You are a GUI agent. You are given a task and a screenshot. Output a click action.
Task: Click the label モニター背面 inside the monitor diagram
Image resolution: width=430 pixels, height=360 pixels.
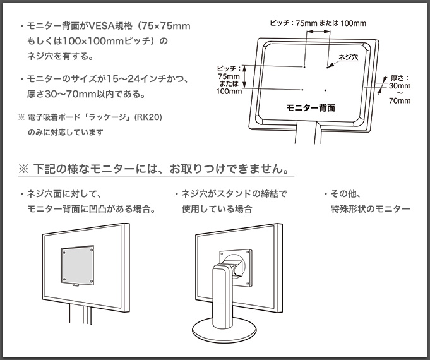click(x=310, y=108)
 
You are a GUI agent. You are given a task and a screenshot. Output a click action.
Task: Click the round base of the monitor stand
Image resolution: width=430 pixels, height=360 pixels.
click(x=223, y=328)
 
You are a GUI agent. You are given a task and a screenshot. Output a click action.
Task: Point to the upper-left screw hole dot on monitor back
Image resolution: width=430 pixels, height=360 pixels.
click(x=304, y=66)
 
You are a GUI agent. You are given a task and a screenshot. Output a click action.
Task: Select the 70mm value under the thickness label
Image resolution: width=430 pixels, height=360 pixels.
click(x=400, y=100)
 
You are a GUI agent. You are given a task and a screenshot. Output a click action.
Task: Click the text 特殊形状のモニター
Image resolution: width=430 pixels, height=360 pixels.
click(x=370, y=209)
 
